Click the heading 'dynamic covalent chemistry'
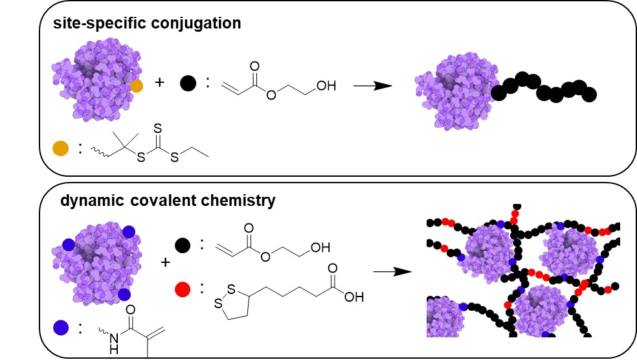(168, 201)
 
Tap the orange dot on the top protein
(136, 85)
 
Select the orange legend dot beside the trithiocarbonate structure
(60, 148)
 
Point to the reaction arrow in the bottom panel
(393, 271)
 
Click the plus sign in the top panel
(160, 84)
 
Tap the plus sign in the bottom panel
(166, 262)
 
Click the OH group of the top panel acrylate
(327, 85)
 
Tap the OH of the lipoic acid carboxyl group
(353, 298)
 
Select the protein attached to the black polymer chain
(452, 91)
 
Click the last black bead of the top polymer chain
(588, 95)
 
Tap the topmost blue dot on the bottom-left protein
(129, 231)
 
